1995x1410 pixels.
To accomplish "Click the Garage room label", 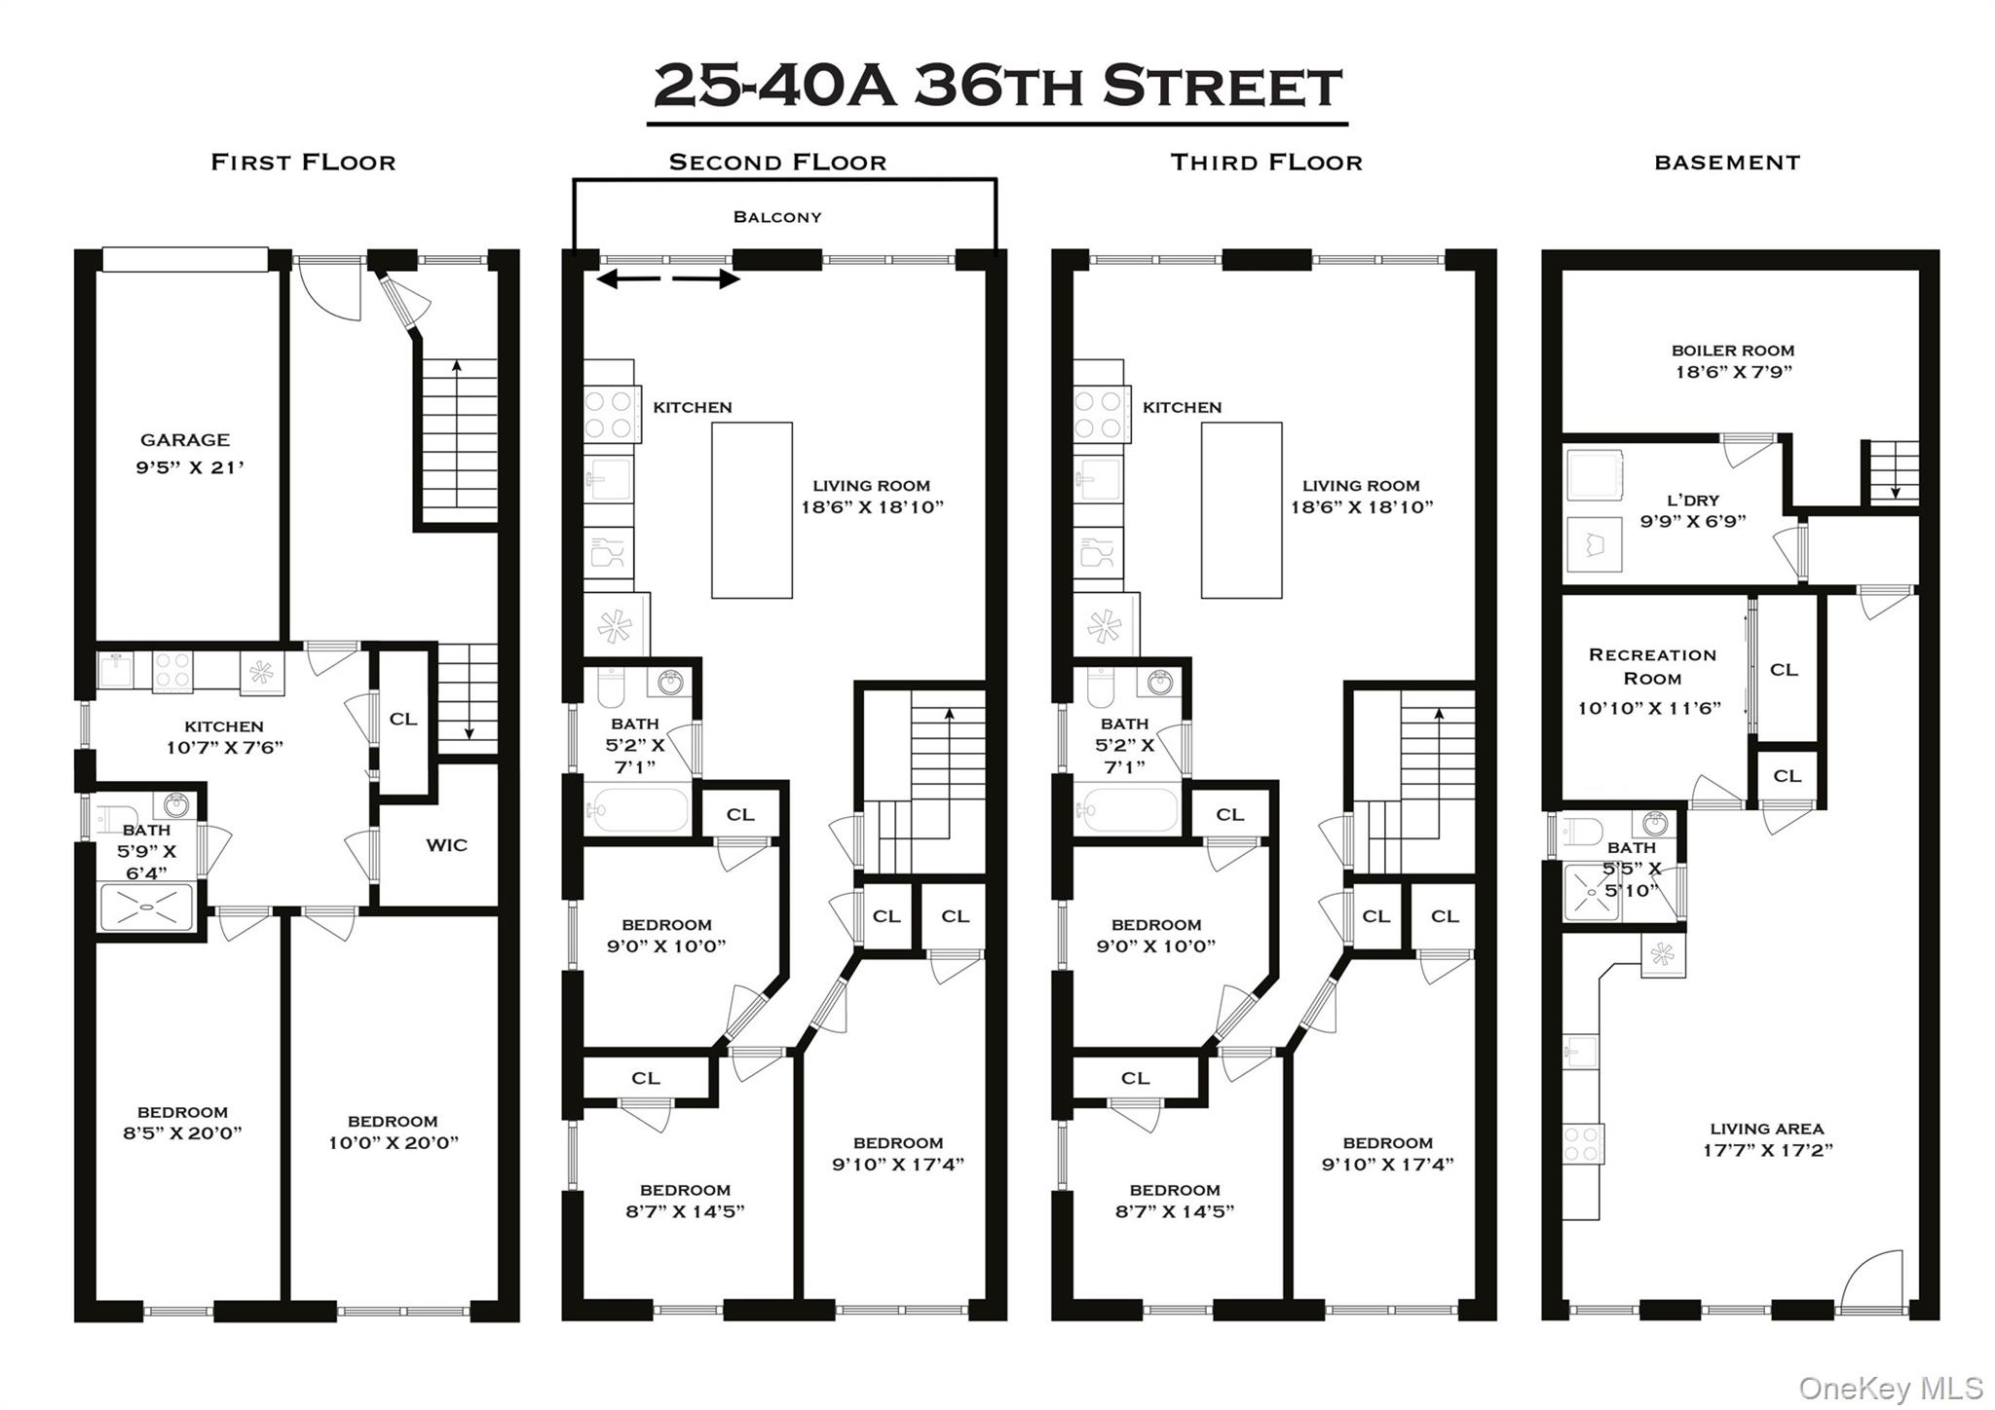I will [185, 441].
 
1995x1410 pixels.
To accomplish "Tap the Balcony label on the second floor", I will [776, 217].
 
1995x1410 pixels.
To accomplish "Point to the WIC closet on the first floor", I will [446, 845].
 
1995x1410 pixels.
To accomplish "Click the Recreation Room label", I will [1651, 667].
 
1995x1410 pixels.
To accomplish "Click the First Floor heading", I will [303, 163].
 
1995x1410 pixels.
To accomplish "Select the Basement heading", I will [1727, 163].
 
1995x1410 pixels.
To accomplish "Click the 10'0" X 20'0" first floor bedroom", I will [393, 1132].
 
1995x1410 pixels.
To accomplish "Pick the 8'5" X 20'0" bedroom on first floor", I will [182, 1123].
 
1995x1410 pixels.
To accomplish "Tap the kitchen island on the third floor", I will [1241, 510].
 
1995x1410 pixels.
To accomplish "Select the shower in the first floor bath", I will [146, 907].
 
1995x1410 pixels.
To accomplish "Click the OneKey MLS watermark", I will [1890, 1388].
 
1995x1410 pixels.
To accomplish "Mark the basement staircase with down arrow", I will [1892, 472].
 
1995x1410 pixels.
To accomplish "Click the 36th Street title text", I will [997, 87].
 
